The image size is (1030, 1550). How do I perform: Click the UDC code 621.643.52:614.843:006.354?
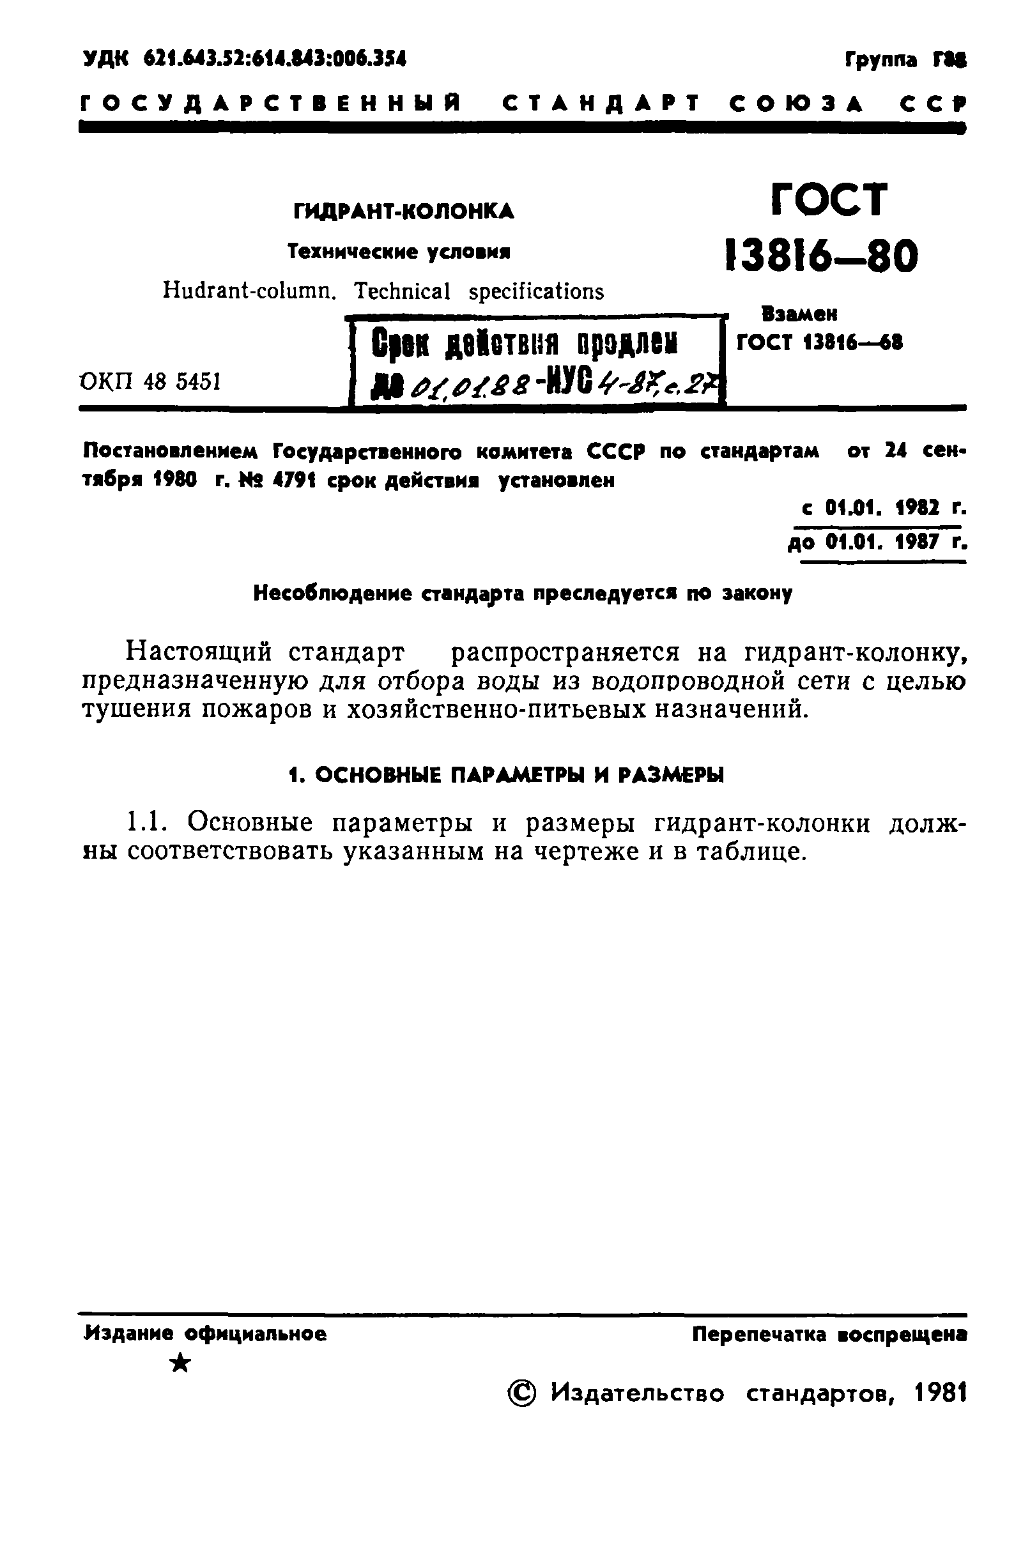275,59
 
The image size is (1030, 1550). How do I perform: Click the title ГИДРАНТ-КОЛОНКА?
403,211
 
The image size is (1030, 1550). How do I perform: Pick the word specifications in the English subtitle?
536,290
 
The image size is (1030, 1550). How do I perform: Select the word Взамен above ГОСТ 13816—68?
799,314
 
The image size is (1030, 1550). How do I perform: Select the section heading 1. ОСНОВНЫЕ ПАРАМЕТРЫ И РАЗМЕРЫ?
507,775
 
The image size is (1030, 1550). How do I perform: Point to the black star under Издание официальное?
180,1365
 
